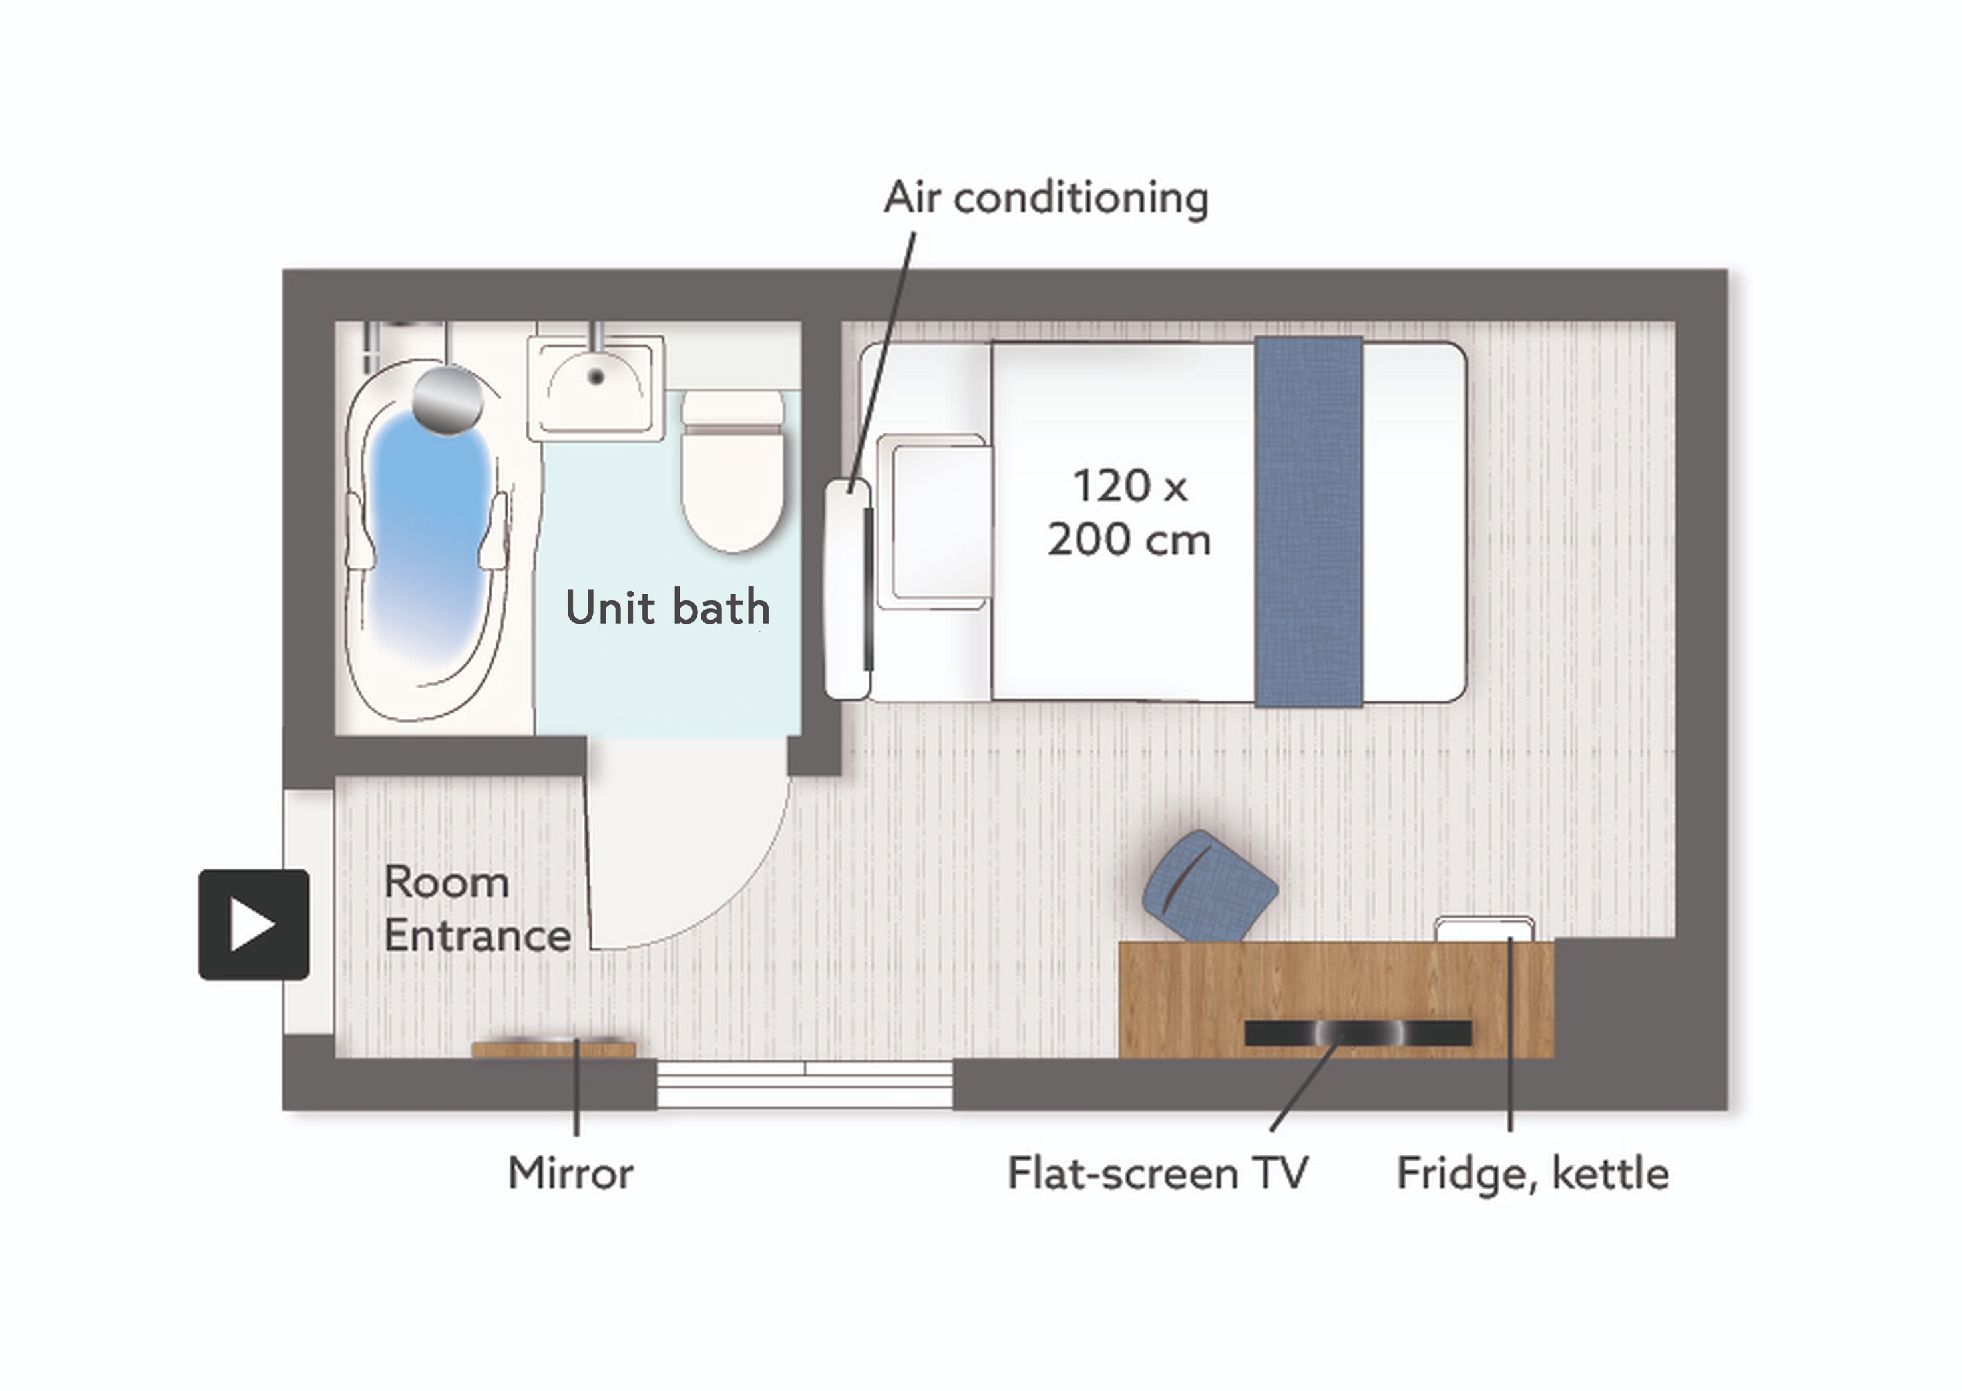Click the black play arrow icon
pos(254,924)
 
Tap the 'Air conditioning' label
pos(1046,198)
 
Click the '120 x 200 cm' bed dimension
pos(1129,512)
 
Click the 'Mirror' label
pos(570,1173)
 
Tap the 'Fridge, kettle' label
pos(1533,1173)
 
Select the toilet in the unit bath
pos(733,471)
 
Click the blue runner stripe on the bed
pos(1308,522)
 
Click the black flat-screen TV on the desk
pos(1358,1033)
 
